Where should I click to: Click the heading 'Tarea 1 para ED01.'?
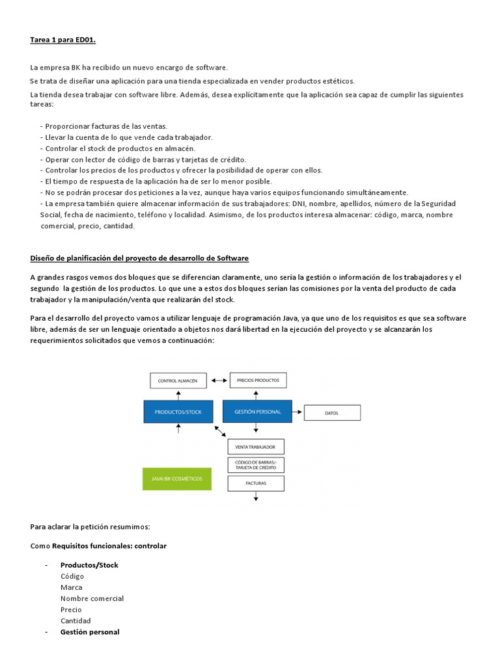tap(62, 40)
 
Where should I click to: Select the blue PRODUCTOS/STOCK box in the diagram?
tap(178, 412)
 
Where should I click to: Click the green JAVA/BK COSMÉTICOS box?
tap(177, 479)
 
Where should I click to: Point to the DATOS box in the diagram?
tap(332, 412)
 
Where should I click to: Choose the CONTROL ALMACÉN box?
tap(178, 380)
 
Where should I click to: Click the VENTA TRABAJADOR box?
tap(256, 447)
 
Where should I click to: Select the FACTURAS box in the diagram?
tap(256, 483)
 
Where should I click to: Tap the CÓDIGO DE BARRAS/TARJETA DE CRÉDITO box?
tap(256, 465)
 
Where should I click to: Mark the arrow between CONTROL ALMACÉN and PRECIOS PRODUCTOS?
tap(217, 380)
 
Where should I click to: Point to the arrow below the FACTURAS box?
tap(256, 497)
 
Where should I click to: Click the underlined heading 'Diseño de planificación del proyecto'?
tap(139, 258)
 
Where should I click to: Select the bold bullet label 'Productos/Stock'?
tap(89, 565)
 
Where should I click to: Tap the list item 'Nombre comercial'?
tap(92, 598)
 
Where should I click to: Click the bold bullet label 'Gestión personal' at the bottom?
tap(90, 632)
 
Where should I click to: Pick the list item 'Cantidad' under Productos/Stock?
tap(76, 620)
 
